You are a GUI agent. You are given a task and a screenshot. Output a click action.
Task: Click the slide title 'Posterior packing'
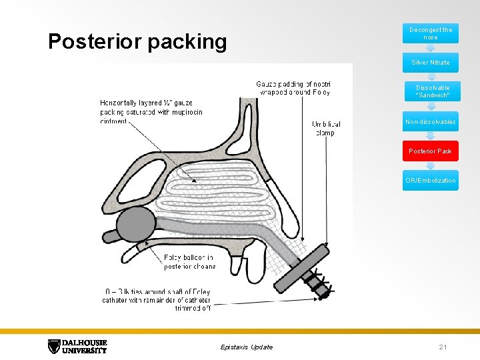pos(137,41)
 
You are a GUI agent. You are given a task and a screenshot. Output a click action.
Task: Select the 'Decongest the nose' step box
pos(430,33)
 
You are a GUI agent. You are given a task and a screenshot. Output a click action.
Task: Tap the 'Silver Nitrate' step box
pos(430,63)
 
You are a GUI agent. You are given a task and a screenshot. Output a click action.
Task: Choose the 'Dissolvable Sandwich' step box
pos(430,92)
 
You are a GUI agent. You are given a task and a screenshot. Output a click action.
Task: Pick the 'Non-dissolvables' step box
pos(430,122)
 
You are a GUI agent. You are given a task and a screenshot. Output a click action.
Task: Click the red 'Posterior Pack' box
pos(430,151)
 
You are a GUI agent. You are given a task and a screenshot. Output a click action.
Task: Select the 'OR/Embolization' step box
pos(430,181)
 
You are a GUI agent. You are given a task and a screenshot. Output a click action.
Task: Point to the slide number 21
pos(443,347)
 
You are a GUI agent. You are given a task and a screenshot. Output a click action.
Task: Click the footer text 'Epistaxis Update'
pos(246,347)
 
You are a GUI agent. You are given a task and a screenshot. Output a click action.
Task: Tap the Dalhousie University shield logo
pos(54,347)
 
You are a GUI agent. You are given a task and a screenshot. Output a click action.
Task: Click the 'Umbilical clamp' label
pos(326,128)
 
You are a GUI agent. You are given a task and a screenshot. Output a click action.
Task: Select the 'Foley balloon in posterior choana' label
pos(189,261)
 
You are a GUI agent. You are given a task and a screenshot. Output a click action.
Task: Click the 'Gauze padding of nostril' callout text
pos(293,88)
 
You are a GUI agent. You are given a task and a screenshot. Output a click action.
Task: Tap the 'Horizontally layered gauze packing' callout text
pos(151,112)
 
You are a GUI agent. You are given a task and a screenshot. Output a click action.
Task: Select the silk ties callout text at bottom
pos(157,299)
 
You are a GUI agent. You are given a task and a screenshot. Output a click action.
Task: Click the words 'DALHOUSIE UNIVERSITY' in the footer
pos(85,347)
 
